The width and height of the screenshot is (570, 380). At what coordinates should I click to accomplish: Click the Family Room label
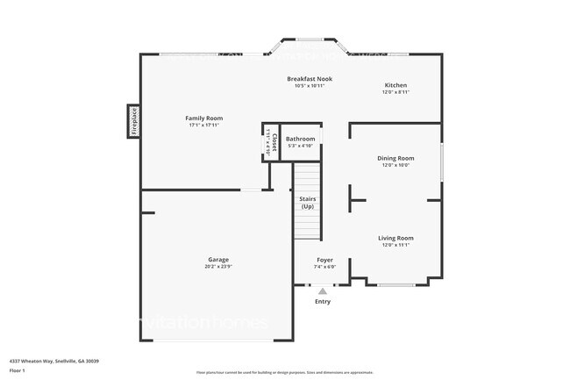pyautogui.click(x=203, y=118)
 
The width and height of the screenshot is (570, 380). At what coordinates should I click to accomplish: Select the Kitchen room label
pyautogui.click(x=395, y=85)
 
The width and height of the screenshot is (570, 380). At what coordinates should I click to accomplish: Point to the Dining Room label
pyautogui.click(x=395, y=158)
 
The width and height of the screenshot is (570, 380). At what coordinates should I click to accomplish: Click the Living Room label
pyautogui.click(x=395, y=238)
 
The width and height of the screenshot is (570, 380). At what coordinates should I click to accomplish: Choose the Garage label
pyautogui.click(x=218, y=260)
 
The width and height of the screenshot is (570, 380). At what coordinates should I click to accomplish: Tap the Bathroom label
pyautogui.click(x=300, y=139)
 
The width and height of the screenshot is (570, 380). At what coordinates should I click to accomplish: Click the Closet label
pyautogui.click(x=274, y=141)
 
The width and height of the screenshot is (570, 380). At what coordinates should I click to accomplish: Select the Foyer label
pyautogui.click(x=324, y=260)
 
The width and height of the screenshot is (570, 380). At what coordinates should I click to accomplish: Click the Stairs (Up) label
pyautogui.click(x=308, y=203)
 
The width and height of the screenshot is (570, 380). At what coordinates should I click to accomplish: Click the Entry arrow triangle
pyautogui.click(x=323, y=290)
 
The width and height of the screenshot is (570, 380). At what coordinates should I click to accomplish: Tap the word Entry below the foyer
pyautogui.click(x=323, y=301)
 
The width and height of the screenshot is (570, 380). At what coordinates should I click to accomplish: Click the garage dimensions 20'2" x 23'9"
pyautogui.click(x=218, y=267)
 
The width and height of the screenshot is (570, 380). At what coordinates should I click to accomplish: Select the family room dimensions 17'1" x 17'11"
pyautogui.click(x=203, y=125)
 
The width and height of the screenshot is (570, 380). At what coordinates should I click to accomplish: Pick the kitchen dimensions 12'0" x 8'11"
pyautogui.click(x=395, y=92)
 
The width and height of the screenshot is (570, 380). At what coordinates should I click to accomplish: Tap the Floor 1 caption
pyautogui.click(x=17, y=371)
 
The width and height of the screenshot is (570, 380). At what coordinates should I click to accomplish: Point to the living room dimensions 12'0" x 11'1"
pyautogui.click(x=395, y=245)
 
